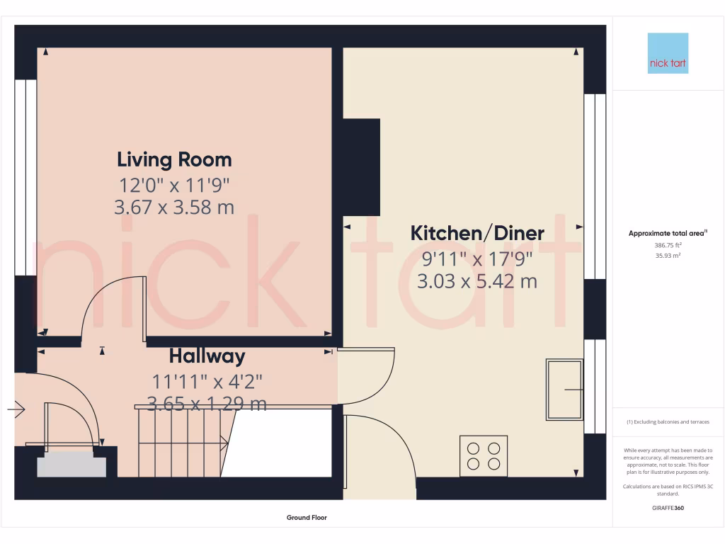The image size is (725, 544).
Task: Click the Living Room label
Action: click(x=174, y=159)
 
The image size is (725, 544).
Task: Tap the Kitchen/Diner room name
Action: click(x=477, y=233)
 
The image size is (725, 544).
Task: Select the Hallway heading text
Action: click(x=207, y=356)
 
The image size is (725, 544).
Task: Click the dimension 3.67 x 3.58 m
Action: click(x=174, y=208)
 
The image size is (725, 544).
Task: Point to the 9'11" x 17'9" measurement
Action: click(x=477, y=259)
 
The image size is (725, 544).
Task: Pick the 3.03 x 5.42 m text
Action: click(x=477, y=281)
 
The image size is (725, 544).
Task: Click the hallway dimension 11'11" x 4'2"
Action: click(x=207, y=381)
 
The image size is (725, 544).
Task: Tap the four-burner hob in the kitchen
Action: click(x=484, y=455)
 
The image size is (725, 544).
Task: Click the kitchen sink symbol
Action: click(x=564, y=390)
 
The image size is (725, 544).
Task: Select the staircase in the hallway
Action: click(x=183, y=441)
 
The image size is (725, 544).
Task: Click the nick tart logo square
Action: click(x=668, y=53)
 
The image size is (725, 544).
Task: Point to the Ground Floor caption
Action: click(x=307, y=518)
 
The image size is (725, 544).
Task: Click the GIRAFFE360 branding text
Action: click(x=668, y=508)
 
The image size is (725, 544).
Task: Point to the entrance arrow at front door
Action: click(x=16, y=409)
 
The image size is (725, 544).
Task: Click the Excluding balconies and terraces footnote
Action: click(x=668, y=422)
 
